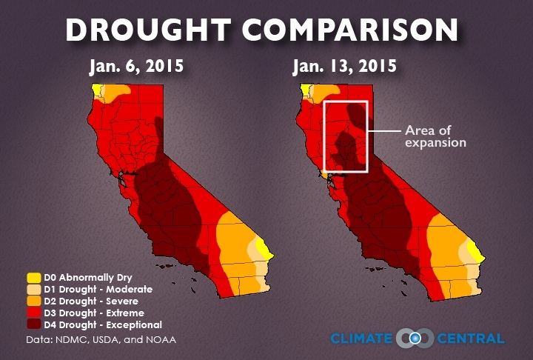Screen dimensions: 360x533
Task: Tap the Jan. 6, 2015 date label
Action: tap(136, 67)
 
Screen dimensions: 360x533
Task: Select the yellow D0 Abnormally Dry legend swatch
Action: tap(34, 278)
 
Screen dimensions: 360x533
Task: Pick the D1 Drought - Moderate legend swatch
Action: tap(34, 290)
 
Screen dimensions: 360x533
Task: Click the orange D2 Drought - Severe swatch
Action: tap(34, 301)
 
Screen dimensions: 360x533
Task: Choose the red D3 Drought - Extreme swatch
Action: tap(34, 313)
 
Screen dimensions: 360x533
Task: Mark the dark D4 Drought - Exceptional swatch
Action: tap(34, 325)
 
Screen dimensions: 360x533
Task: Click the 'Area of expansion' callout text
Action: tap(435, 136)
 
